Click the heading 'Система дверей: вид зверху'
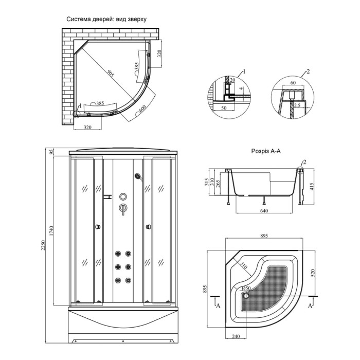tap(106, 19)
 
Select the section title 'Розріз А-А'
tap(266, 151)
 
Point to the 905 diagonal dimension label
tap(111, 74)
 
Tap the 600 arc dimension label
tap(142, 108)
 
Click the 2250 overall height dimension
tap(43, 245)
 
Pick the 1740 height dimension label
tap(51, 231)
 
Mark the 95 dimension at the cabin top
tap(51, 152)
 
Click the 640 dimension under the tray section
tap(264, 210)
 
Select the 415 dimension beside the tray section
tap(311, 186)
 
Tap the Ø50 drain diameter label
tap(246, 288)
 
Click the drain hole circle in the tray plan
tap(246, 295)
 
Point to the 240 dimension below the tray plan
tap(236, 336)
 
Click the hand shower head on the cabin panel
tap(138, 176)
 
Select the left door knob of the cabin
tap(98, 227)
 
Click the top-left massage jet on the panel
tap(118, 254)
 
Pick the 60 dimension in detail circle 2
tap(293, 82)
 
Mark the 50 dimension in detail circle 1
tap(224, 107)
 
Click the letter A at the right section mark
tap(310, 305)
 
